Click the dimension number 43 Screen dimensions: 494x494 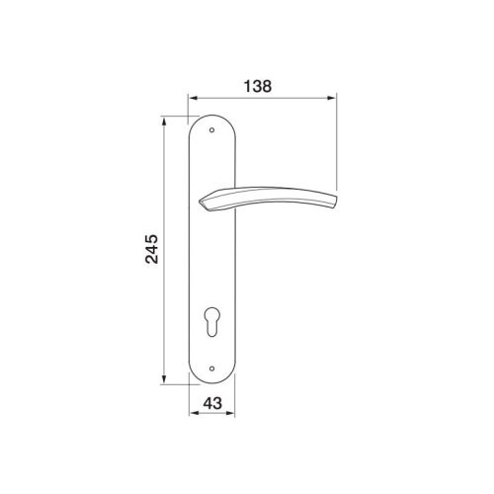(210, 402)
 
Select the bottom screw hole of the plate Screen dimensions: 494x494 (211, 372)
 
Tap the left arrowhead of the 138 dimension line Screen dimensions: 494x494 (192, 99)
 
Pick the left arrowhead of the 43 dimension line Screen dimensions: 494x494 (193, 415)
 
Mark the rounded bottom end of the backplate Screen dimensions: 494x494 (211, 384)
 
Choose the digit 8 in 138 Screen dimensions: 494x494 (270, 86)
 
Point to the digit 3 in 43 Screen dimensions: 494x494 (217, 402)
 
